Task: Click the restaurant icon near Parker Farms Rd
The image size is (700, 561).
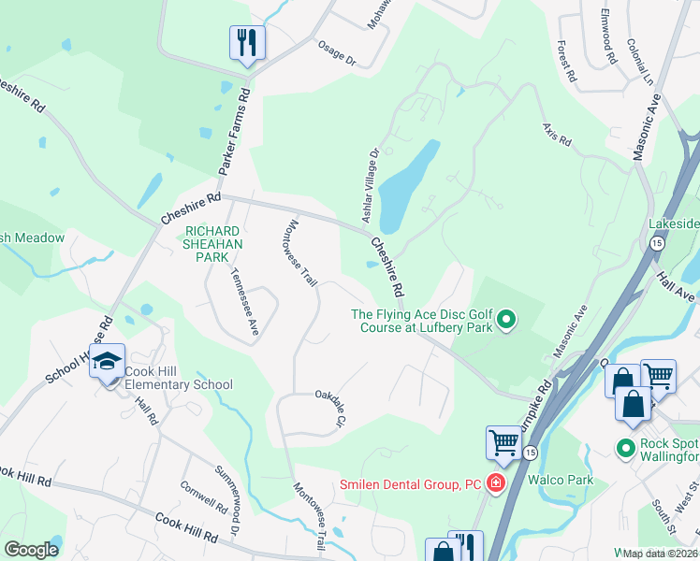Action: [x=247, y=43]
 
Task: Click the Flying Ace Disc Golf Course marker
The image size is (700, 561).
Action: [x=506, y=321]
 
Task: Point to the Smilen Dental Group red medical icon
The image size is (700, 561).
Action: [x=495, y=483]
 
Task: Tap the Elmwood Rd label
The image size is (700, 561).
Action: [x=608, y=44]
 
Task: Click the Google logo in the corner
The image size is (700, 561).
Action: [x=31, y=549]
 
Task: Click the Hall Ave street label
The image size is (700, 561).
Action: [x=677, y=282]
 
